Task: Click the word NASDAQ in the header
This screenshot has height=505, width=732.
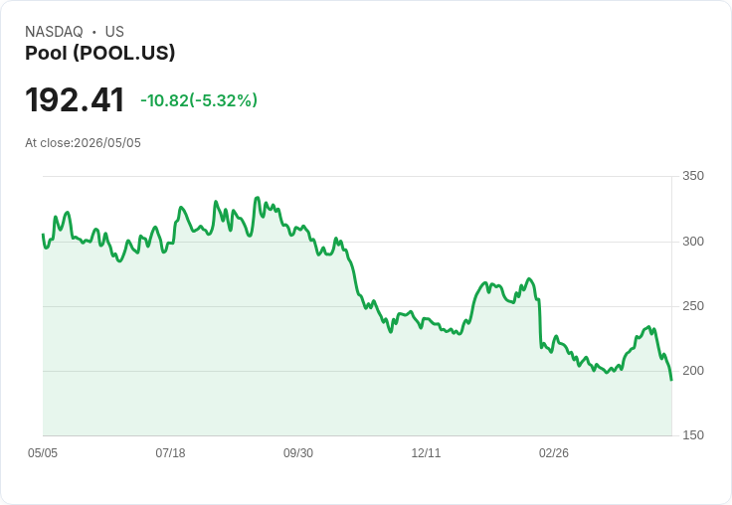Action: [54, 32]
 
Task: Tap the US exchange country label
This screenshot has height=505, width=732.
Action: [114, 32]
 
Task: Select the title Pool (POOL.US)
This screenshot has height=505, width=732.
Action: [99, 53]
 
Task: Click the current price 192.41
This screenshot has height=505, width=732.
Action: [75, 99]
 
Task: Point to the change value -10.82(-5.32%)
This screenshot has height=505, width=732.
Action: [199, 100]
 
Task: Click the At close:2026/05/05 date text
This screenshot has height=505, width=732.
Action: [84, 143]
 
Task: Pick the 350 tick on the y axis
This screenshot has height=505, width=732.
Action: [693, 176]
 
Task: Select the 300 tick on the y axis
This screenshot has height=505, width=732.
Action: [693, 242]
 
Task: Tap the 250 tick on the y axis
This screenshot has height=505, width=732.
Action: [693, 306]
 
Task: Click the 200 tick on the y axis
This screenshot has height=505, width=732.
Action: [693, 371]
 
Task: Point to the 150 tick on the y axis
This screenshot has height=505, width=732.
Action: [693, 435]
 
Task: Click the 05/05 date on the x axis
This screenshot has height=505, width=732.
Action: [43, 453]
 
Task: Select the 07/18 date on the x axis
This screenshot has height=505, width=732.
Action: [170, 453]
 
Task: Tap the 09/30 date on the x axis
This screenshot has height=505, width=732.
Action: [298, 453]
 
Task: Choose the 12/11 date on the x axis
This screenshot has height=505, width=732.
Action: [426, 453]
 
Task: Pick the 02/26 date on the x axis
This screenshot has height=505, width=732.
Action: [554, 453]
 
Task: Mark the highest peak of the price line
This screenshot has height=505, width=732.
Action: [258, 198]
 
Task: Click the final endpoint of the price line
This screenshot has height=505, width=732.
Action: [671, 380]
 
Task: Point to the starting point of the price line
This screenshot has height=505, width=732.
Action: [43, 235]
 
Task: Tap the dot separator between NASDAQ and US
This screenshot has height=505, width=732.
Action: [93, 32]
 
